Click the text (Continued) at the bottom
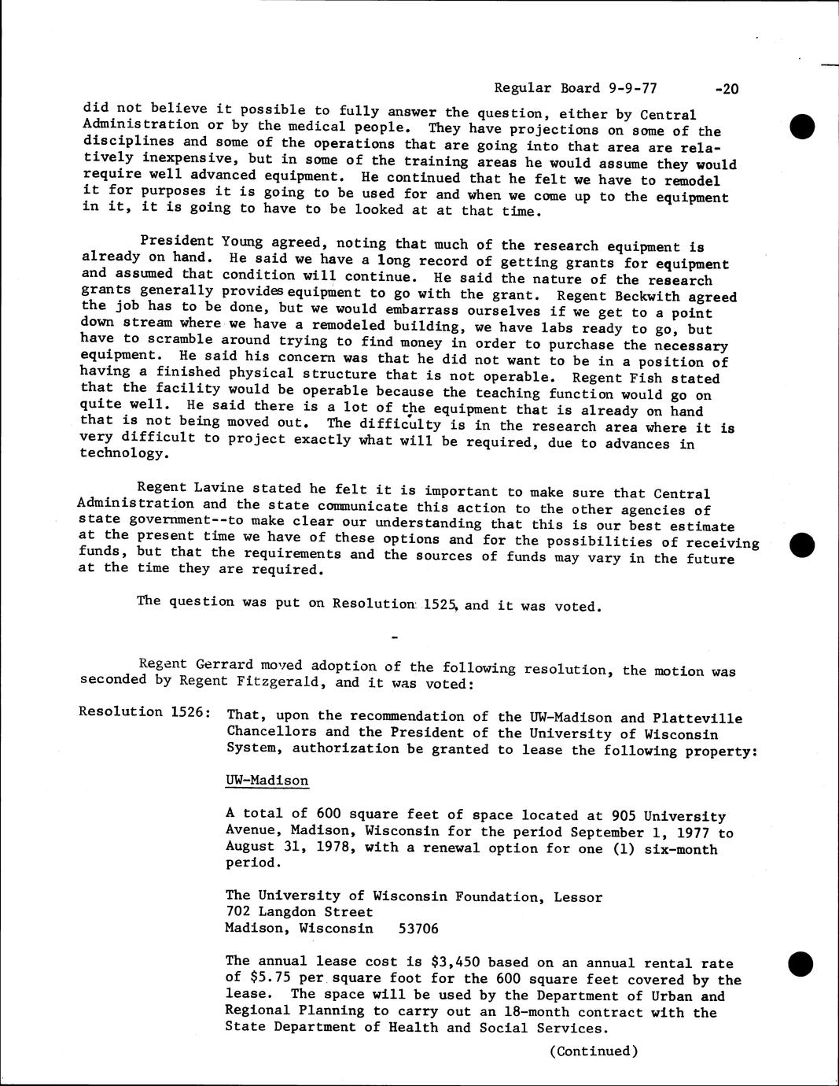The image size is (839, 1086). (593, 1051)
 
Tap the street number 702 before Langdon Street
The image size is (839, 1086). (238, 911)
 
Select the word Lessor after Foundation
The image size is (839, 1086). (577, 896)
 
